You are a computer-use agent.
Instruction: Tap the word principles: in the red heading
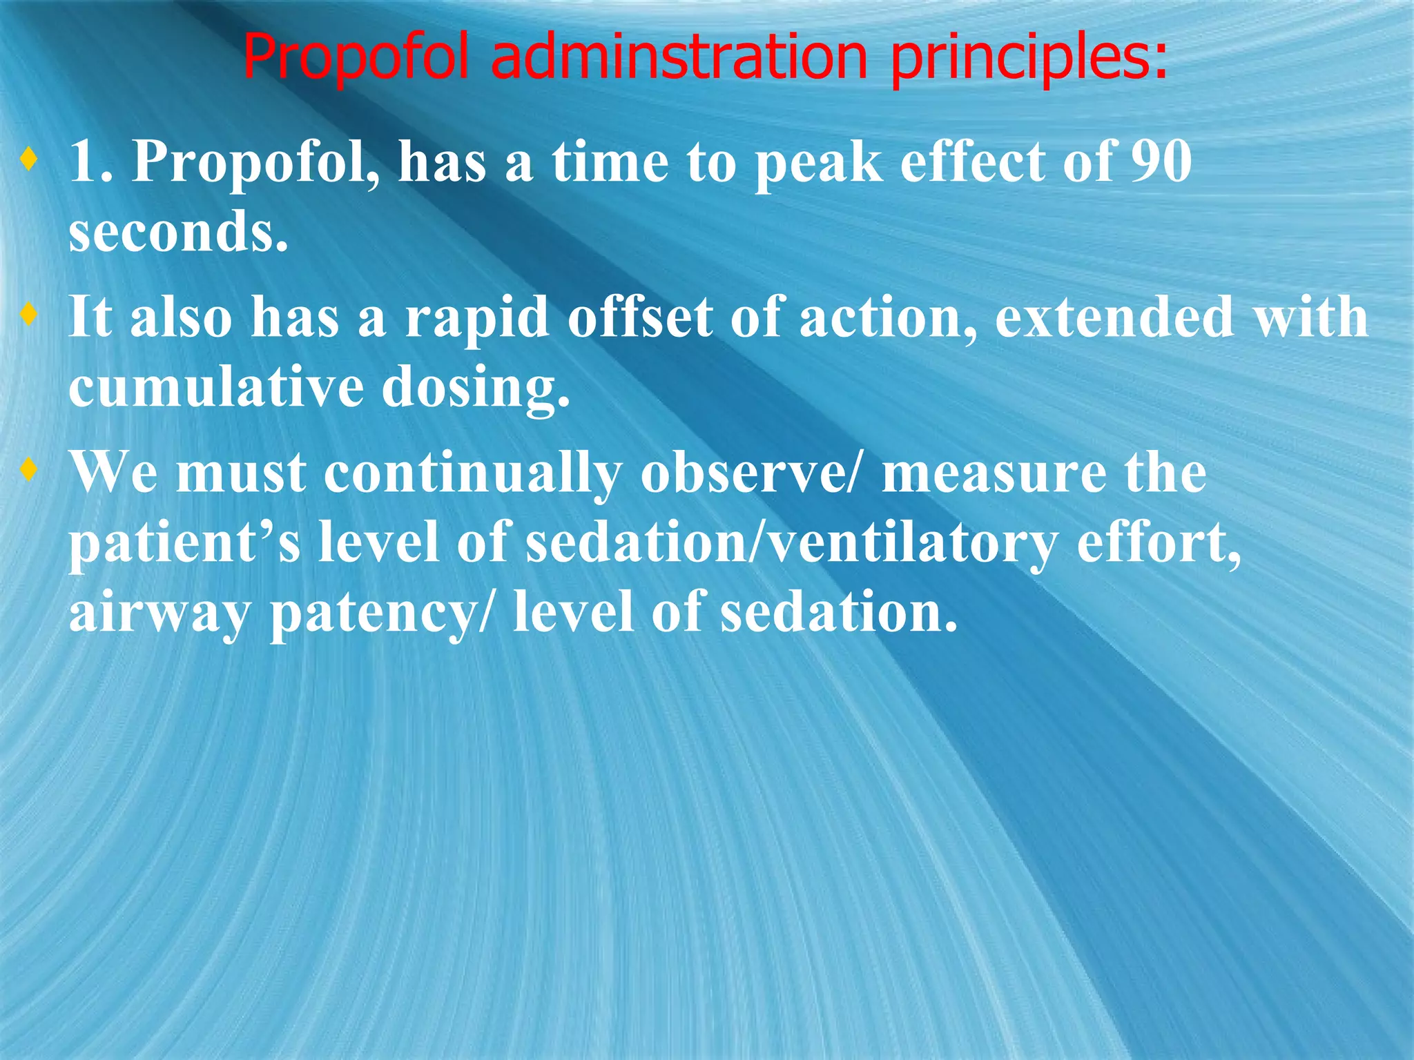coord(1029,58)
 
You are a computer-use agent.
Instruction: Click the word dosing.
coord(476,389)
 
